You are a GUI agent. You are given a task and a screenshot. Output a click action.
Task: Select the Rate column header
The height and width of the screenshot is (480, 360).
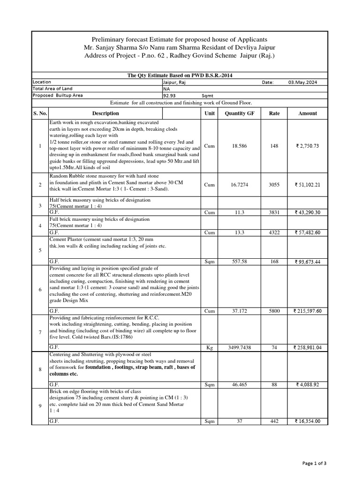click(x=274, y=113)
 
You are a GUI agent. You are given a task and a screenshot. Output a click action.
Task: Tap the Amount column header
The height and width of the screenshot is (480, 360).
click(x=307, y=113)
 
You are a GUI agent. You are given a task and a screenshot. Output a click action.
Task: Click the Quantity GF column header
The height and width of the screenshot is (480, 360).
click(x=240, y=113)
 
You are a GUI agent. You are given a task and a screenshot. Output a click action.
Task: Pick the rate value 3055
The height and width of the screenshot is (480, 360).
click(x=274, y=185)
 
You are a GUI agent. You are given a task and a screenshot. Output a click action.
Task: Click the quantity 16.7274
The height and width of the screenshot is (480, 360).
click(x=240, y=185)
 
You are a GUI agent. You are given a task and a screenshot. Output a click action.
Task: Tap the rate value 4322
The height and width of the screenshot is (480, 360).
click(x=274, y=232)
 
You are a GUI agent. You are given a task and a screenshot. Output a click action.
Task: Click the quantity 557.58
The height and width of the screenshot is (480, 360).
click(x=240, y=261)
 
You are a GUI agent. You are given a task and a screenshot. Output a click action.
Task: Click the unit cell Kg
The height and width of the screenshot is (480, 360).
click(x=210, y=347)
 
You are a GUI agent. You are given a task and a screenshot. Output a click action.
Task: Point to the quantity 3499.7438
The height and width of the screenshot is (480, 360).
click(x=240, y=347)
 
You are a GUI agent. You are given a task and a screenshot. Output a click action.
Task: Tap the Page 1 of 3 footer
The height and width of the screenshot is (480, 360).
click(x=314, y=464)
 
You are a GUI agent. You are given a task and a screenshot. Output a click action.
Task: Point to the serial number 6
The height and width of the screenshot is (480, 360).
click(x=40, y=290)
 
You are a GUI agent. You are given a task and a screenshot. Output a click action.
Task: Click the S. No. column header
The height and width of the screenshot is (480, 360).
click(x=40, y=113)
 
